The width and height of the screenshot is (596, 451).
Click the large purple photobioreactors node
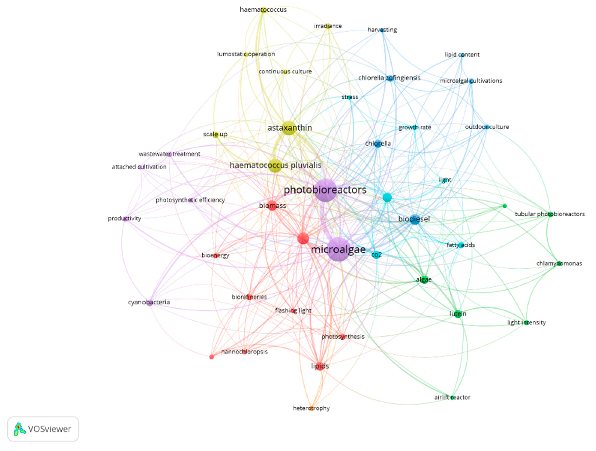coord(325,190)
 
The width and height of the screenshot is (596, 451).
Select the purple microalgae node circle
coord(339,249)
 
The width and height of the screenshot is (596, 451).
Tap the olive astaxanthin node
coord(289,128)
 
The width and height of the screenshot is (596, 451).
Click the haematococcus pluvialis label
coord(275,165)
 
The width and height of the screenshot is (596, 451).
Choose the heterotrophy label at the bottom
coord(311,408)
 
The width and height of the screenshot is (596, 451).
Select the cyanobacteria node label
coord(149,302)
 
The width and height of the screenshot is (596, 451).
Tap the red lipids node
coord(320,366)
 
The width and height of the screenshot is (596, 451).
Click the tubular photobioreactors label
coord(550,214)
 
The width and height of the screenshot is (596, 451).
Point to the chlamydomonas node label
coord(559,263)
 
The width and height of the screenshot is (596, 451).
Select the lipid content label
coord(462,55)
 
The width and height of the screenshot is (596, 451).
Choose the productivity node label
coord(124,218)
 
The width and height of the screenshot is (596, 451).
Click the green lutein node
coord(458,314)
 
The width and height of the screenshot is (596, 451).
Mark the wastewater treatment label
coord(169,154)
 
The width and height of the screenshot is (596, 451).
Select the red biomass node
coord(273,206)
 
